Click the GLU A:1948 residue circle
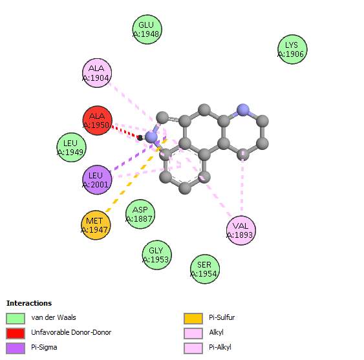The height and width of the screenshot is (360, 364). click(x=147, y=30)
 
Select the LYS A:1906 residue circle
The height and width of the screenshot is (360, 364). click(x=292, y=49)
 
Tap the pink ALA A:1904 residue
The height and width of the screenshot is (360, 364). click(x=97, y=73)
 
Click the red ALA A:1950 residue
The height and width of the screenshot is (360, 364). click(x=98, y=120)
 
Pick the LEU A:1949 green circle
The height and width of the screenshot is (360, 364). click(x=72, y=147)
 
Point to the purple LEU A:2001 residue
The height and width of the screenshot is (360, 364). click(x=97, y=180)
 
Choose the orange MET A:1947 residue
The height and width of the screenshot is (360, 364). click(x=96, y=225)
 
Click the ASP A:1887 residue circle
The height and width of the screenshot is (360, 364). click(x=140, y=214)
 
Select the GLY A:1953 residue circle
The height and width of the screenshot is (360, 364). click(x=157, y=255)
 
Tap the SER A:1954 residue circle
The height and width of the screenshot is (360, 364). click(x=205, y=269)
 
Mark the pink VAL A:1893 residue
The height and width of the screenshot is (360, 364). click(x=241, y=230)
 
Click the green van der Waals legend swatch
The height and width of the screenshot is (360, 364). click(x=16, y=319)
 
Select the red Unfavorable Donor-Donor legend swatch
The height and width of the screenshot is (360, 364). click(x=16, y=334)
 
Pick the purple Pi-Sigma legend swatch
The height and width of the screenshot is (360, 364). click(x=16, y=348)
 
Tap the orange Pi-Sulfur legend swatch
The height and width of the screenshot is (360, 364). click(x=193, y=319)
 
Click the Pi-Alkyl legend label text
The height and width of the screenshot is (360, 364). click(x=220, y=347)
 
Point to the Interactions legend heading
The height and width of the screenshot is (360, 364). click(x=29, y=303)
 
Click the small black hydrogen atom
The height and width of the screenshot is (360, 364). click(x=140, y=138)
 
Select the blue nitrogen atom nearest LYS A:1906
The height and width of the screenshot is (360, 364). click(x=243, y=110)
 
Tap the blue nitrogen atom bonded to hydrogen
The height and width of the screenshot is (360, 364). click(x=151, y=138)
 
